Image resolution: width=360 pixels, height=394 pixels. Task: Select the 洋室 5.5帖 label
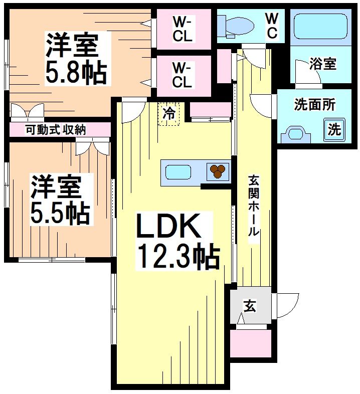coord(60,200)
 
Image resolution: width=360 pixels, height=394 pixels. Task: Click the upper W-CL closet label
coord(182,28)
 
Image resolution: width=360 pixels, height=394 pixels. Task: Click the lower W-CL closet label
coord(182,74)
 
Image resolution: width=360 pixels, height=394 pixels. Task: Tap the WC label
coord(271,25)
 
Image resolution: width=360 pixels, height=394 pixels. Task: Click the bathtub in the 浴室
coord(320,26)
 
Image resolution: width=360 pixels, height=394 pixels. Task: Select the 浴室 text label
coord(322,64)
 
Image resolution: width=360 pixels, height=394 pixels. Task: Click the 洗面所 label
coord(314,105)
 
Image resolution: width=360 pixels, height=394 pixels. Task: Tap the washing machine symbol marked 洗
coord(334,130)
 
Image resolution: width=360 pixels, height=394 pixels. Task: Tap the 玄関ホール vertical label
coord(254,206)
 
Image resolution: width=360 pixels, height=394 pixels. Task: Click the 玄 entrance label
coord(249,305)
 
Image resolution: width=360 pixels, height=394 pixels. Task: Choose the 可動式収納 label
coord(56,129)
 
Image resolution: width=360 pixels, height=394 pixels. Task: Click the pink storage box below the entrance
coord(250,343)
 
